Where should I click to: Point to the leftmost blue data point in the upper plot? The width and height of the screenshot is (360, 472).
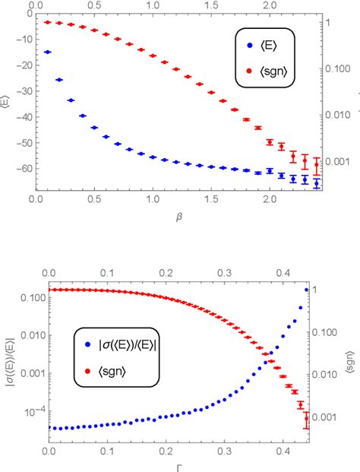48,52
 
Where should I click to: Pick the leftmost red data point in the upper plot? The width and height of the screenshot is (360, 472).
48,22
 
